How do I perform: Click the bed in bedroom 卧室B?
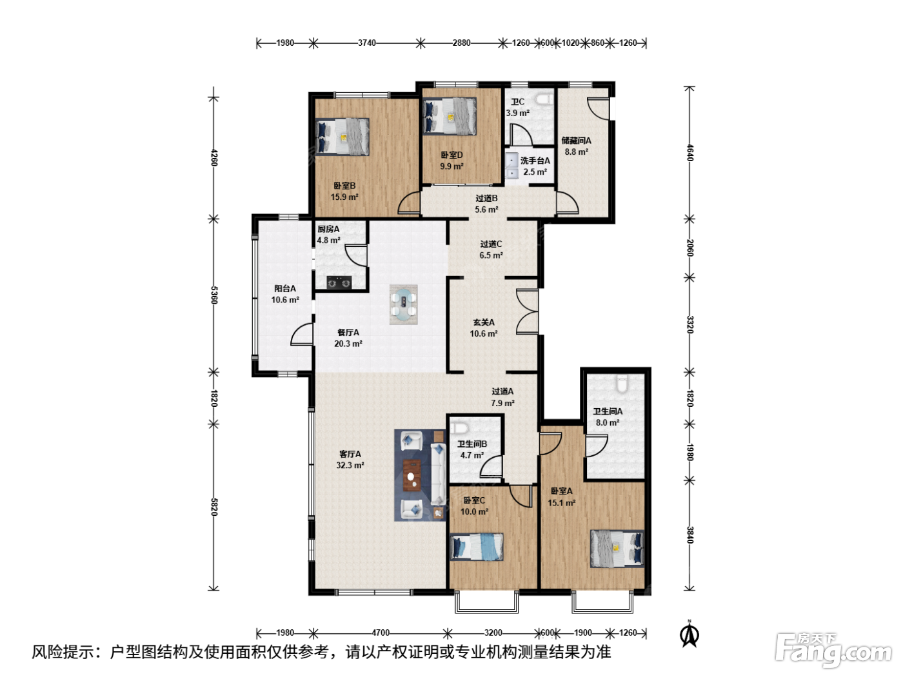pyautogui.click(x=342, y=137)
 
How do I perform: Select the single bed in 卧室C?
pyautogui.click(x=477, y=547)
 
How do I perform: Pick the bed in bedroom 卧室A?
pyautogui.click(x=617, y=549)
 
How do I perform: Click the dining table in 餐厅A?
pyautogui.click(x=404, y=304)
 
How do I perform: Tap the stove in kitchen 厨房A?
pyautogui.click(x=339, y=283)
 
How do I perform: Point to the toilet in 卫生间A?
pyautogui.click(x=622, y=383)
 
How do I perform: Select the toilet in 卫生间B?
pyautogui.click(x=459, y=428)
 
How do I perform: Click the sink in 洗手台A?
pyautogui.click(x=511, y=166)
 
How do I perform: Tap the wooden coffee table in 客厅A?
pyautogui.click(x=412, y=475)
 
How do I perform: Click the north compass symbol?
pyautogui.click(x=690, y=633)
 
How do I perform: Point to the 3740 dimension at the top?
pyautogui.click(x=366, y=43)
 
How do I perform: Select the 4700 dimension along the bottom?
pyautogui.click(x=381, y=633)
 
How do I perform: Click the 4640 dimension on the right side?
pyautogui.click(x=690, y=153)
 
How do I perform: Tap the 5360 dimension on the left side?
pyautogui.click(x=213, y=295)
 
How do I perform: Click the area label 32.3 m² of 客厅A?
pyautogui.click(x=350, y=466)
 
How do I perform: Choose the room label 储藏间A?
pyautogui.click(x=577, y=141)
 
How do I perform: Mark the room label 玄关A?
pyautogui.click(x=483, y=322)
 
